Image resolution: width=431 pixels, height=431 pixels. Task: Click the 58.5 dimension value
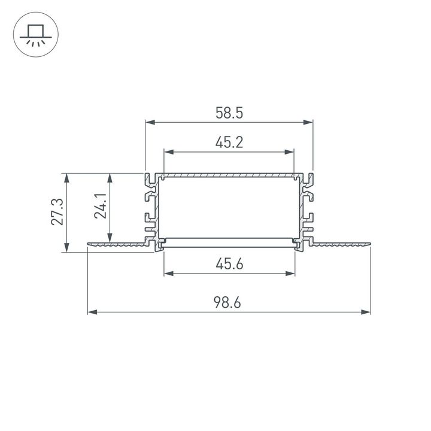tap(229, 113)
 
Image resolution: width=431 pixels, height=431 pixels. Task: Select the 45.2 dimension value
tap(229, 142)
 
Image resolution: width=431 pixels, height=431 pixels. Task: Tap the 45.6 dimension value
tap(229, 263)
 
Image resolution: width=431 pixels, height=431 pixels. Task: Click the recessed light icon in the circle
tap(34, 35)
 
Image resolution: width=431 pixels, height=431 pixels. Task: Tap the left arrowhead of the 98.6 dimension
tap(92, 312)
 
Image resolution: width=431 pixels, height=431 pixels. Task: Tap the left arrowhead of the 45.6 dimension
tap(168, 274)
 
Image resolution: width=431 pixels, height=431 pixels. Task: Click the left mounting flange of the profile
tap(117, 244)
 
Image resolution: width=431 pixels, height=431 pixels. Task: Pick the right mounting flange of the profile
tap(341, 244)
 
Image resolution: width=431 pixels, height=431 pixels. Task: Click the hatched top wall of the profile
tap(229, 176)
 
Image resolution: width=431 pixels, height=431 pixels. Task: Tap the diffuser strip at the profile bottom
tap(229, 242)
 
